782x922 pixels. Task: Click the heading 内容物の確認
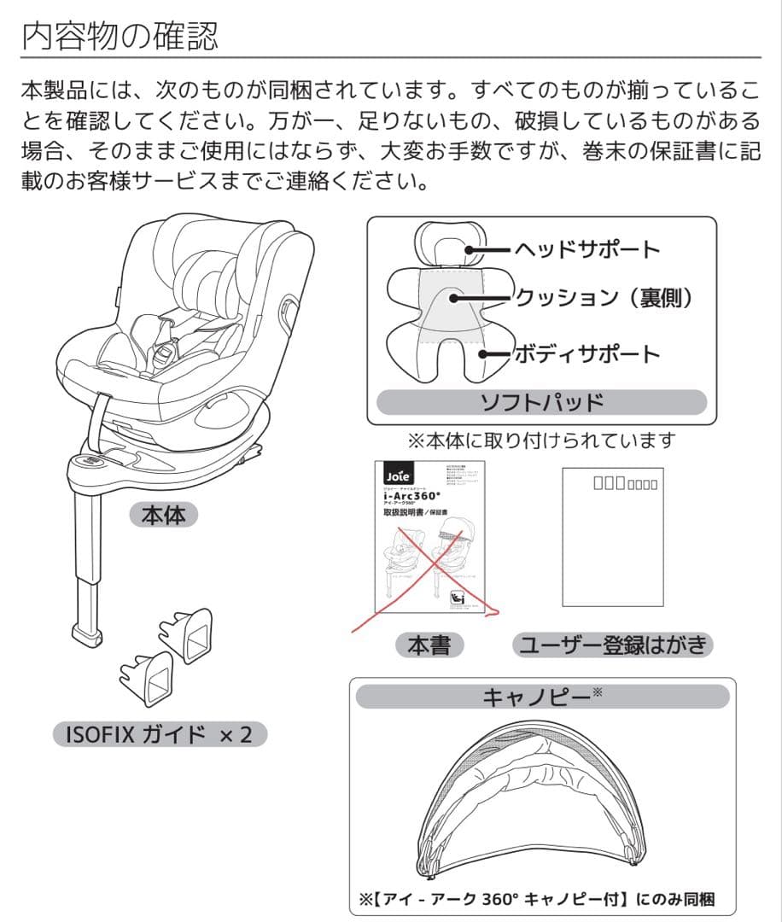pos(120,35)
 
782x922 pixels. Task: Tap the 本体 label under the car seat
pos(163,515)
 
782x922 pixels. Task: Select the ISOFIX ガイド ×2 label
pos(160,733)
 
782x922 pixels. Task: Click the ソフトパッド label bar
pos(542,402)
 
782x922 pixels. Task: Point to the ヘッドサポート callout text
pos(586,249)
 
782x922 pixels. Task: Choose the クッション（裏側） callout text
pos(602,297)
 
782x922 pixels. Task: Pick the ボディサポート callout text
pos(586,353)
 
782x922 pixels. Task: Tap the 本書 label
pos(429,645)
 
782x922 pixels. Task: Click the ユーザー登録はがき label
pos(613,645)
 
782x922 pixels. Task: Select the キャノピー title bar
pos(542,697)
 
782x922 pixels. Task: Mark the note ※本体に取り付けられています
pos(542,441)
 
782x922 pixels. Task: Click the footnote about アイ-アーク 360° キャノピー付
pos(539,899)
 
